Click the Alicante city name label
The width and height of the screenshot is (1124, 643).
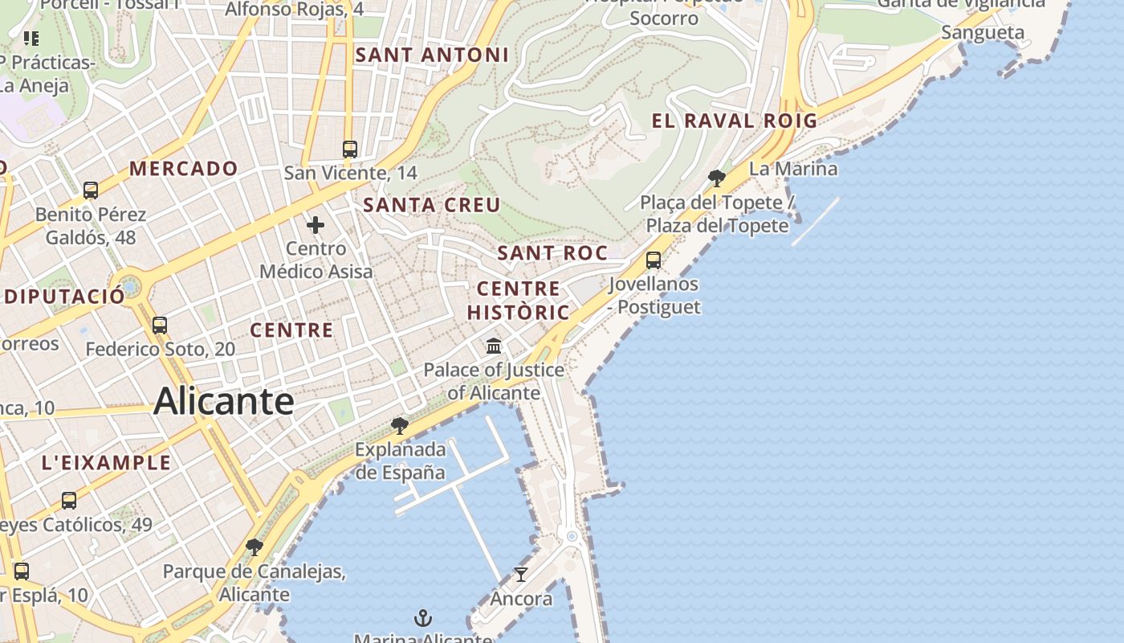[x=223, y=400]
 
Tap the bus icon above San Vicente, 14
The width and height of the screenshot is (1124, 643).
[x=350, y=149]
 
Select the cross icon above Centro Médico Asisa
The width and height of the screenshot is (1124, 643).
[x=316, y=225]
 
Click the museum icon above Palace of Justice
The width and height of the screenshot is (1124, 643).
[x=494, y=346]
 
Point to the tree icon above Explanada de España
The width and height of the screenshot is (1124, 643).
[x=399, y=425]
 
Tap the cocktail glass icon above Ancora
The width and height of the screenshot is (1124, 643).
[x=521, y=575]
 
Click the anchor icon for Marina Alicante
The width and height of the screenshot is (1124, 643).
[x=422, y=618]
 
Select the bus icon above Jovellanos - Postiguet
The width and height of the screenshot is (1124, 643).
[x=654, y=260]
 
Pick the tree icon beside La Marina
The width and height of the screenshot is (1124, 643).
[x=717, y=178]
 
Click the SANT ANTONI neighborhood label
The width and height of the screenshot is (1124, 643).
[x=432, y=55]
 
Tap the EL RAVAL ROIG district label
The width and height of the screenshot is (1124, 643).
[x=734, y=121]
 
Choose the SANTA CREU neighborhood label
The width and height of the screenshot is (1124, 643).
[x=432, y=205]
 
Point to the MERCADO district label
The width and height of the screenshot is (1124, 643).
[x=184, y=169]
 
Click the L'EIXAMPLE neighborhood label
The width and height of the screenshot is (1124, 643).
[x=106, y=463]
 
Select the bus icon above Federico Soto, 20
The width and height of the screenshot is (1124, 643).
[x=160, y=326]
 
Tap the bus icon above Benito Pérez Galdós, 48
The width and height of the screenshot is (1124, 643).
[x=91, y=190]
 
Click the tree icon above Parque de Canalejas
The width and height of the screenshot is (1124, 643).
[x=255, y=548]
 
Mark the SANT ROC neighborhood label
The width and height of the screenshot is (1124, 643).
[x=552, y=253]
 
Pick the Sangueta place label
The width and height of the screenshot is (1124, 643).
[x=983, y=33]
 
